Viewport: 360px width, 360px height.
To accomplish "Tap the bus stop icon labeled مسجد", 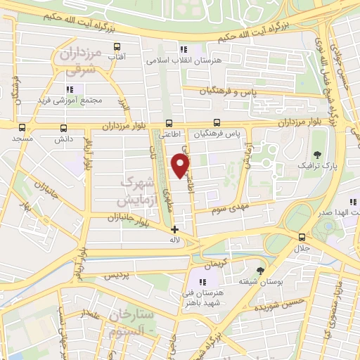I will click(22, 128).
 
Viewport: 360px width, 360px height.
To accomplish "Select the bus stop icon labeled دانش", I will click(65, 128).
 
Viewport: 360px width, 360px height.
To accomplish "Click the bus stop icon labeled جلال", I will click(302, 237).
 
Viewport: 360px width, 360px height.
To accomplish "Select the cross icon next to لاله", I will click(174, 229).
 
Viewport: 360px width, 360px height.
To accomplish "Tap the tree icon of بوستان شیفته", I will click(262, 271).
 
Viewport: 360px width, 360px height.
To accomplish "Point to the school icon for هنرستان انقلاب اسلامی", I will click(184, 49).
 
